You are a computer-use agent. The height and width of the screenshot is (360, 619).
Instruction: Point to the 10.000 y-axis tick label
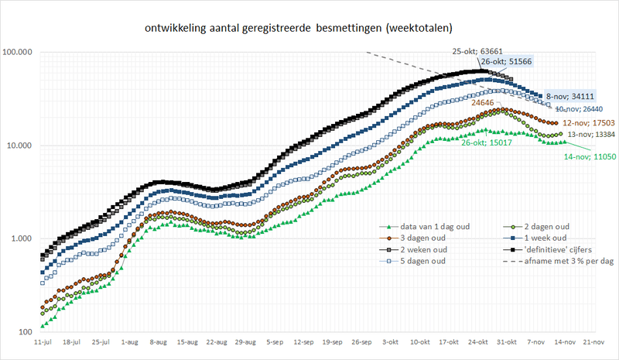pyautogui.click(x=24, y=146)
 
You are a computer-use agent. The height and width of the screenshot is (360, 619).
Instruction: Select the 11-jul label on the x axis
pyautogui.click(x=43, y=341)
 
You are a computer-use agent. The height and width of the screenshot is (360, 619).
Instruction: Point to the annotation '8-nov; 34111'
pyautogui.click(x=569, y=96)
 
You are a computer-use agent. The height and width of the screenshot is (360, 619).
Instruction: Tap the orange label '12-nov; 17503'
pyautogui.click(x=587, y=122)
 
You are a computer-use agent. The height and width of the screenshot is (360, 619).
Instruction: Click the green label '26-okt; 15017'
pyautogui.click(x=487, y=142)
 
